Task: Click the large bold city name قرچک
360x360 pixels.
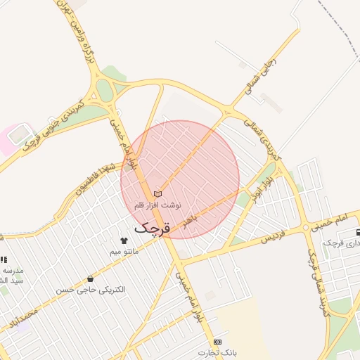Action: tap(151, 228)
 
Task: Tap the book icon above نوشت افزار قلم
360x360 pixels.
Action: tap(157, 193)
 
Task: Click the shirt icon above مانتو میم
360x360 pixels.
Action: tap(124, 240)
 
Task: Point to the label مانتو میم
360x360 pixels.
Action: tap(124, 251)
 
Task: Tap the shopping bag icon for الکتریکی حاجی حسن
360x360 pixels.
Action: tap(89, 279)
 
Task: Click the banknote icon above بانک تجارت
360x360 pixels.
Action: tap(218, 342)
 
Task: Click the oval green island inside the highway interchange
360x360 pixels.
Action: tap(105, 91)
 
